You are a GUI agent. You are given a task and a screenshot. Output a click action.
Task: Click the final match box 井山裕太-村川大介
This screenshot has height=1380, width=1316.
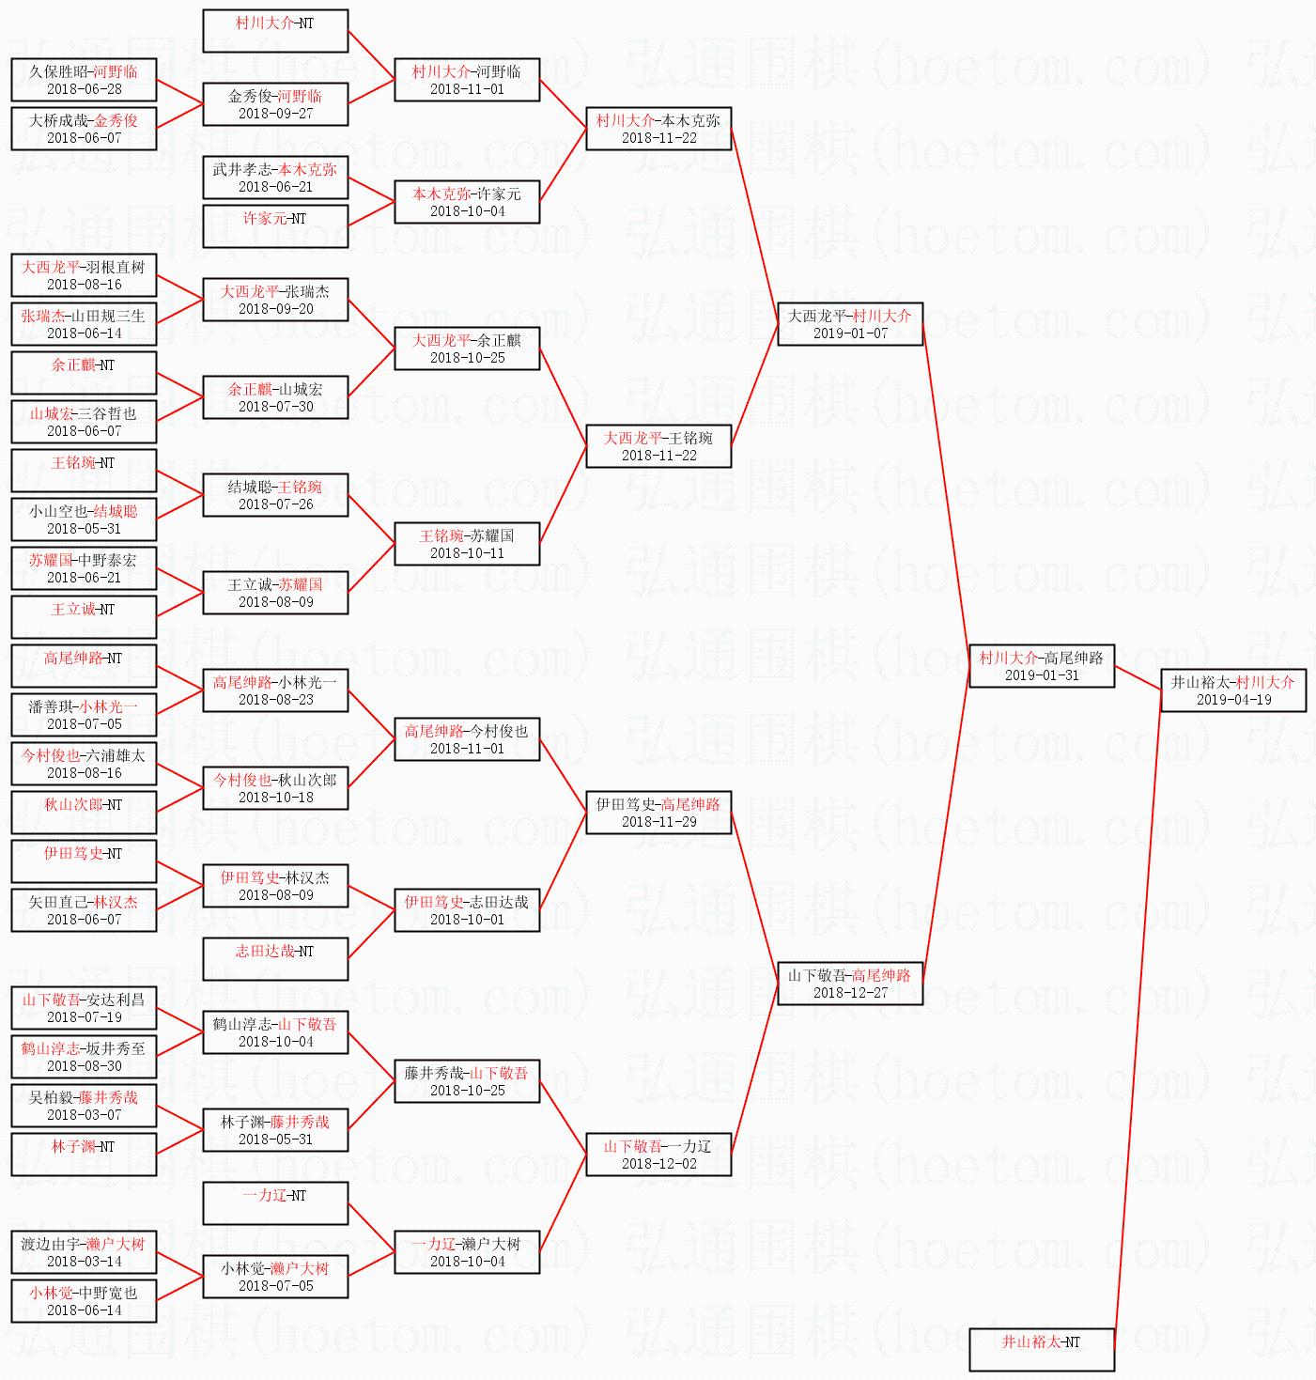[1233, 690]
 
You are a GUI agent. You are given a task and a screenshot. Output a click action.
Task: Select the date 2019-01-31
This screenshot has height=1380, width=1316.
[1042, 674]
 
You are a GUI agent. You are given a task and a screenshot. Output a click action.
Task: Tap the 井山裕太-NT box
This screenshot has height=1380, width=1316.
[1042, 1349]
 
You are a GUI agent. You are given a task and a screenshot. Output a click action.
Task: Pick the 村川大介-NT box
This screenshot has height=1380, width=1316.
[275, 31]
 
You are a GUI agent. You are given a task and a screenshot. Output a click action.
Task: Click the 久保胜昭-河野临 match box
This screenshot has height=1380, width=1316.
[84, 79]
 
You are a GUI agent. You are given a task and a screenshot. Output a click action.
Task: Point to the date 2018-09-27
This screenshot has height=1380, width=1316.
[275, 113]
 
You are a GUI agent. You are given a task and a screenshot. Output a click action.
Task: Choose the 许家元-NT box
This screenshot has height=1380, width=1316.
[275, 226]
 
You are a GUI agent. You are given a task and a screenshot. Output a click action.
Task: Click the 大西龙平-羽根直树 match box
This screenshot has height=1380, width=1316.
[84, 274]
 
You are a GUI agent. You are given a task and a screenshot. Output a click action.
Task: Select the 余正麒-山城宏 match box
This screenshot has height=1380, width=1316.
[275, 397]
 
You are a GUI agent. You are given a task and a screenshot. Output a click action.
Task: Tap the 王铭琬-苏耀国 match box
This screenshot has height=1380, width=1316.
[467, 543]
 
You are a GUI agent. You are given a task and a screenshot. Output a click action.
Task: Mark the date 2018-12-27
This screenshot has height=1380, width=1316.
[850, 992]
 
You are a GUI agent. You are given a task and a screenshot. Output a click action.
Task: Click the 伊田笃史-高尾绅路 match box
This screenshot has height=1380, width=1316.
[658, 813]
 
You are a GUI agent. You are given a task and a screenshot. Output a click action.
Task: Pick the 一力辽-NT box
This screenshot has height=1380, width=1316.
[275, 1203]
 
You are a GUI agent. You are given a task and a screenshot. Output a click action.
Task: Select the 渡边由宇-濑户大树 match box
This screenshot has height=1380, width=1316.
[84, 1251]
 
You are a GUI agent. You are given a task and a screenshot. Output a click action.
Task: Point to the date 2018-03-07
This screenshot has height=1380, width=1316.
[84, 1114]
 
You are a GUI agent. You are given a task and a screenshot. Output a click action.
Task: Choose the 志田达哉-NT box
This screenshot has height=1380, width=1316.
[275, 959]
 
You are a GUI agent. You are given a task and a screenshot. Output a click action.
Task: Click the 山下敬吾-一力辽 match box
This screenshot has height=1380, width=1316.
[658, 1154]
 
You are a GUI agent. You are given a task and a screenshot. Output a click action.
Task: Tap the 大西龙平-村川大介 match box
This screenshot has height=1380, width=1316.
[850, 323]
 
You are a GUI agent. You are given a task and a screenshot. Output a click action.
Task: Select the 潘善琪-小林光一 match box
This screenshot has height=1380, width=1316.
[84, 715]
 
